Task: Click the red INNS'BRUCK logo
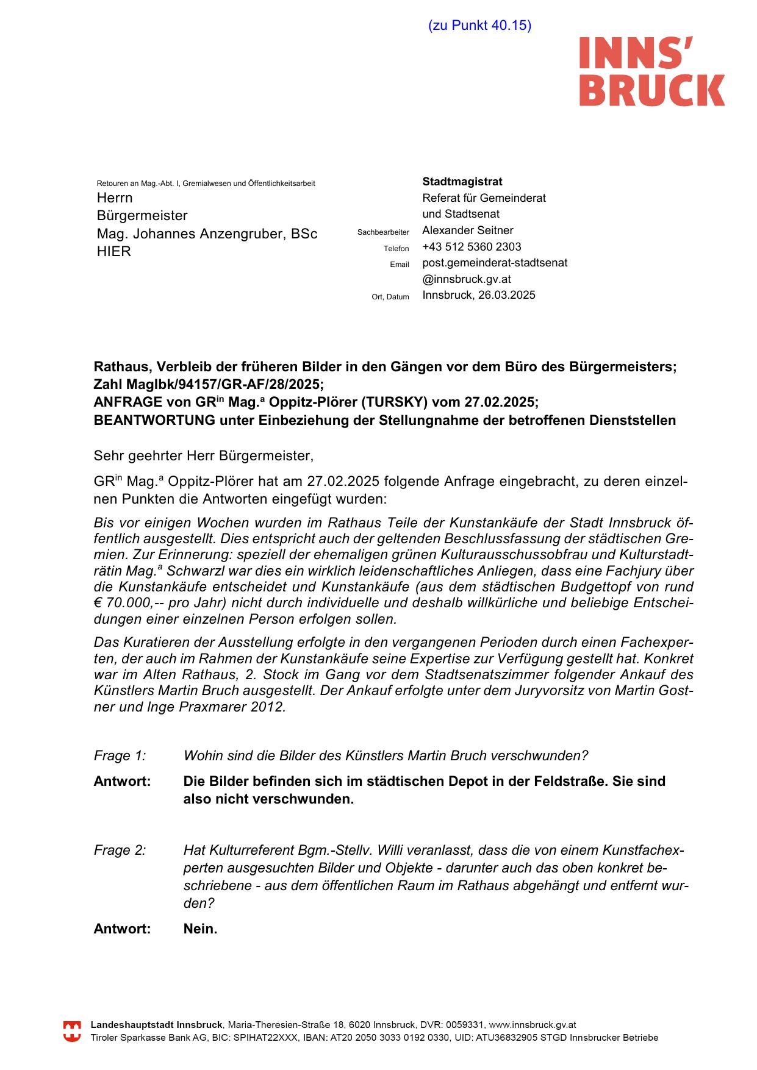[x=651, y=71]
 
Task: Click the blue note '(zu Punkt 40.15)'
[x=479, y=26]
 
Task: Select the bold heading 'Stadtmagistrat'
[x=462, y=182]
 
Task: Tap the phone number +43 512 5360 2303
[x=472, y=247]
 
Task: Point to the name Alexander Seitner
[x=467, y=230]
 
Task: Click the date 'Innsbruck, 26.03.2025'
[x=479, y=295]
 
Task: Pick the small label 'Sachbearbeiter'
[x=383, y=232]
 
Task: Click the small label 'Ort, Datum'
[x=390, y=297]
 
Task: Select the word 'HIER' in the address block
[x=114, y=252]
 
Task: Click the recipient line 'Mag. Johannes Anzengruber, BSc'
[x=207, y=234]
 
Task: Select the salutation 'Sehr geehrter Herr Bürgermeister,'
[x=204, y=456]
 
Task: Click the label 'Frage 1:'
[x=120, y=756]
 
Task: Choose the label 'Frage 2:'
[x=120, y=851]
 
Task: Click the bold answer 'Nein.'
[x=200, y=929]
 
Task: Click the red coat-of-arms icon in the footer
[x=72, y=1031]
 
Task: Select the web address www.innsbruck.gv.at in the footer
[x=532, y=1025]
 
